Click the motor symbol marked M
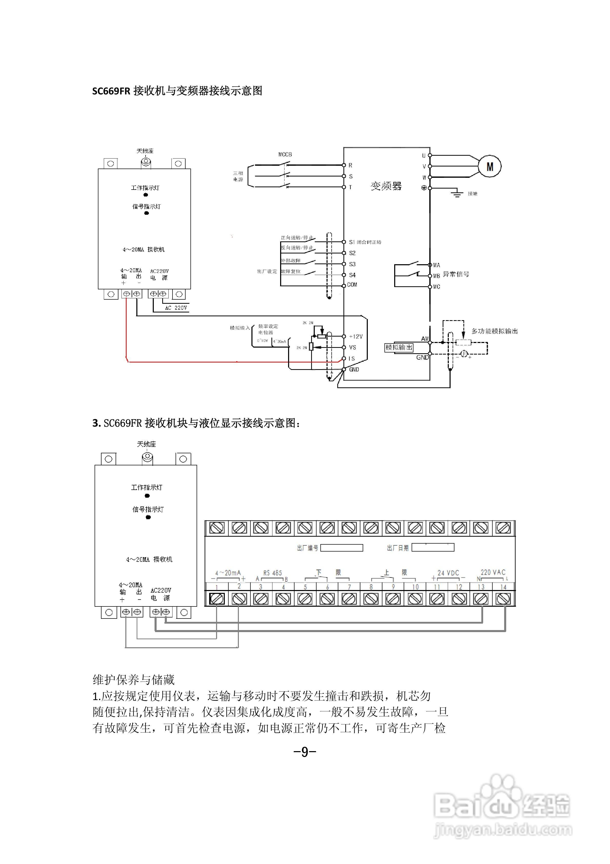[489, 166]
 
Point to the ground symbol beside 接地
[457, 194]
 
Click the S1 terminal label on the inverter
[352, 242]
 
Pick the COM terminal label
[352, 285]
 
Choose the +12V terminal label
[355, 336]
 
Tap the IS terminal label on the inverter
[352, 359]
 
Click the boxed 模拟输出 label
[399, 347]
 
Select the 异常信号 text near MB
[456, 274]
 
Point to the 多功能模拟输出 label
[495, 331]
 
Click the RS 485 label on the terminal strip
[272, 573]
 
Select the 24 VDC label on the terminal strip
[448, 573]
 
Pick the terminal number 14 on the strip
[503, 587]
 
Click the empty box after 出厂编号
[341, 548]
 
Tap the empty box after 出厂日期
[433, 547]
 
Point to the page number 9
[305, 752]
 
